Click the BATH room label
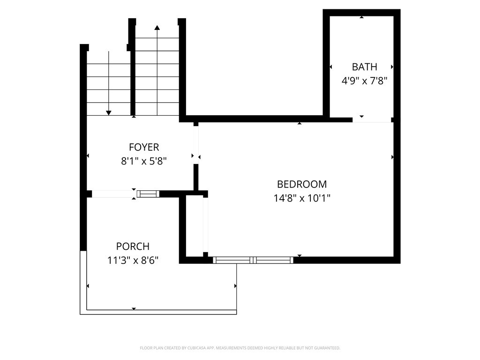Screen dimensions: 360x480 [x=364, y=67]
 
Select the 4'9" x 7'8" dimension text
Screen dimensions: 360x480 [x=364, y=81]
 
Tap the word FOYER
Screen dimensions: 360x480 [x=144, y=148]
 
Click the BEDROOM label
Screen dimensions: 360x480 [x=302, y=184]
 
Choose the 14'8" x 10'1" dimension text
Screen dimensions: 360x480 [x=302, y=198]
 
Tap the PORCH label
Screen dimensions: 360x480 [x=133, y=247]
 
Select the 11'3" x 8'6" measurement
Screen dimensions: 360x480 [x=133, y=260]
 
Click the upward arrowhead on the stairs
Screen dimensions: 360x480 [x=157, y=28]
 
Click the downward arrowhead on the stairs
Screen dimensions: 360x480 [x=109, y=112]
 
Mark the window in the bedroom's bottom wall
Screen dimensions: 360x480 [x=253, y=260]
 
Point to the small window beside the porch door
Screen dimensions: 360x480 [x=148, y=194]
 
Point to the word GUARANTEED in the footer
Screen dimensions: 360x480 [x=326, y=348]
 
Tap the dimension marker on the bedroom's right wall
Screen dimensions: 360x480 [x=392, y=157]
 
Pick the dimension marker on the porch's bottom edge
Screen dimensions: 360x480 [x=134, y=308]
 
